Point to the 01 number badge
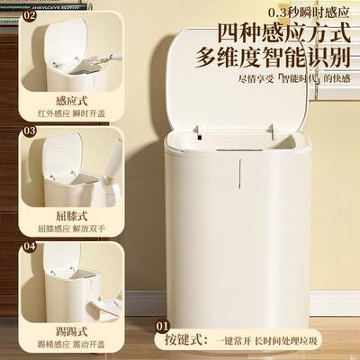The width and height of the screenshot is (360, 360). [163, 327]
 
